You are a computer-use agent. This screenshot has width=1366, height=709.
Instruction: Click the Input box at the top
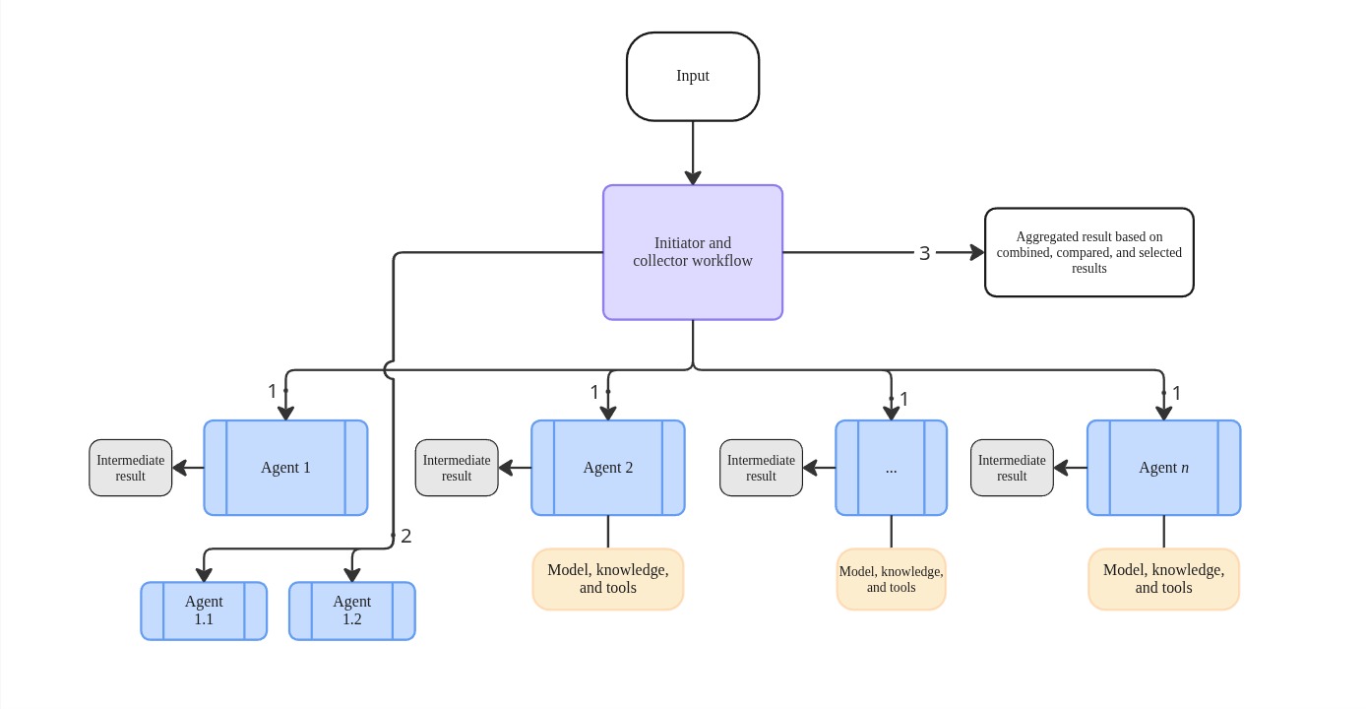pos(693,77)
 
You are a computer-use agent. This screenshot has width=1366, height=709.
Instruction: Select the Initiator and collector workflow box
pos(693,252)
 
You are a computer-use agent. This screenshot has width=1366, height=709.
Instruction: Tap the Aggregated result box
pos(1088,252)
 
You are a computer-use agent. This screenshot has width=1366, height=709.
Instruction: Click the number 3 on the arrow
pos(924,253)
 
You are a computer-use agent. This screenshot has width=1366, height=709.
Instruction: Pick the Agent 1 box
pos(285,468)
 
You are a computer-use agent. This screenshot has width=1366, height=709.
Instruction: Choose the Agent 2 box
pos(608,468)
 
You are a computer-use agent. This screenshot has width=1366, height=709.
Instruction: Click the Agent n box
pos(1163,468)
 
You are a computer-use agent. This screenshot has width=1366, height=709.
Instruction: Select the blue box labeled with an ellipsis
pos(891,468)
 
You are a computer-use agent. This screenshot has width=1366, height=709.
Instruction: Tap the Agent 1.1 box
pos(204,611)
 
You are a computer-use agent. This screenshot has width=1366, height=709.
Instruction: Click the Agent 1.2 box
pos(351,611)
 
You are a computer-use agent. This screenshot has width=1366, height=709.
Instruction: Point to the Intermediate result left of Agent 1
pos(130,468)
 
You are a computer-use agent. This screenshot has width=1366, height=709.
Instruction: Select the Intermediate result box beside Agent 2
pos(457,468)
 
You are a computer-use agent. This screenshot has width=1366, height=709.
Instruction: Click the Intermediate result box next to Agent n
pos(1012,468)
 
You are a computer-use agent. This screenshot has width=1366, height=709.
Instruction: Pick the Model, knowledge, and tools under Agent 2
pos(608,579)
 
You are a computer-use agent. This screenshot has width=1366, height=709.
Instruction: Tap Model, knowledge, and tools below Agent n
pos(1163,579)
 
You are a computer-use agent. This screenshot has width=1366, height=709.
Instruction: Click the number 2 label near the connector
pos(405,536)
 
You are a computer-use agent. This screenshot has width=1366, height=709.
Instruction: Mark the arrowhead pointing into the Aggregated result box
pos(976,253)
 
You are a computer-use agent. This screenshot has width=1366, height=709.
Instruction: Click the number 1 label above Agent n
pos(1176,393)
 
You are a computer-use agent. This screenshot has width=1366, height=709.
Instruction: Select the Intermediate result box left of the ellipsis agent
pos(761,468)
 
